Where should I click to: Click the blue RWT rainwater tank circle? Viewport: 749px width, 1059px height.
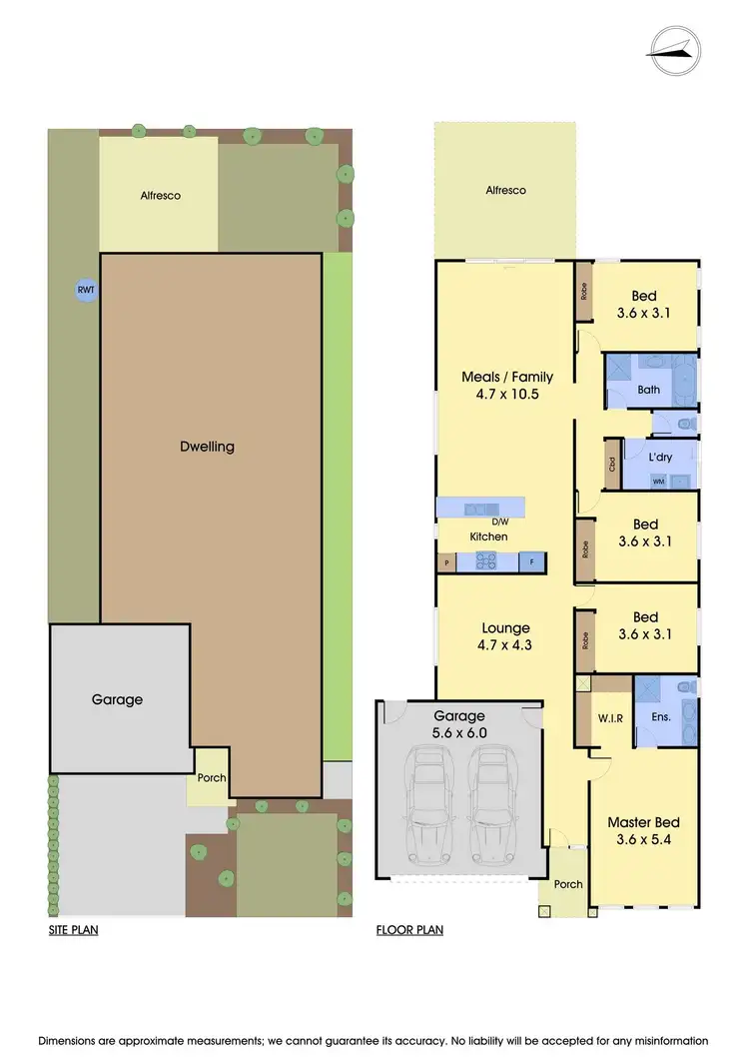pos(83,290)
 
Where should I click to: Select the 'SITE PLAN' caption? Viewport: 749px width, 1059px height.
pos(73,929)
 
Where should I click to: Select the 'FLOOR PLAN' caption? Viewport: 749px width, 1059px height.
pos(408,929)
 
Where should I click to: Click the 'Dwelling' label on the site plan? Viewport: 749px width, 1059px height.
pos(208,447)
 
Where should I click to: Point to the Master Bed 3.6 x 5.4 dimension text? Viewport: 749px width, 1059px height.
pos(644,839)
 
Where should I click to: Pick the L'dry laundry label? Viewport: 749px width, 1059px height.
pos(658,456)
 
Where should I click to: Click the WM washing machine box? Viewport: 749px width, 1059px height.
pos(658,481)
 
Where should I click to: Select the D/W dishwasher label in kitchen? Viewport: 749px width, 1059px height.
pos(500,522)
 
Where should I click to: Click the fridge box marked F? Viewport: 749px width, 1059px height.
pos(530,562)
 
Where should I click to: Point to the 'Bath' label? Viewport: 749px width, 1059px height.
pos(649,390)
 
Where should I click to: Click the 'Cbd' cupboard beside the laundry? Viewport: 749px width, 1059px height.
pos(610,464)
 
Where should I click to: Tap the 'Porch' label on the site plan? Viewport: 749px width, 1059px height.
pos(211,778)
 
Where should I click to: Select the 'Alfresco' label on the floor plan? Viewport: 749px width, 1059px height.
pos(504,190)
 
